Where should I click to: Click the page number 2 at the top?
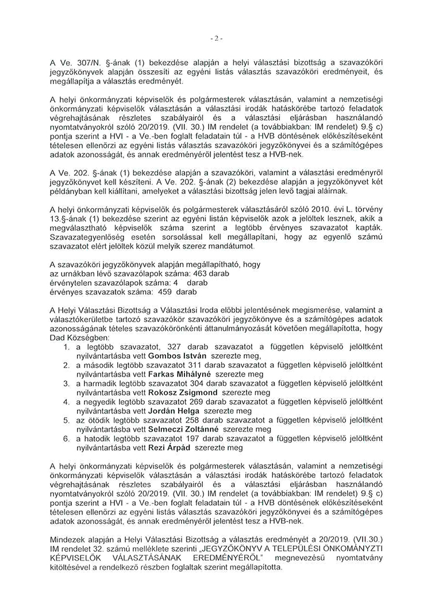tap(216, 39)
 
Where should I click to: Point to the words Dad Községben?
tap(75, 337)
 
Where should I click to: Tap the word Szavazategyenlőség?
tap(90, 237)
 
